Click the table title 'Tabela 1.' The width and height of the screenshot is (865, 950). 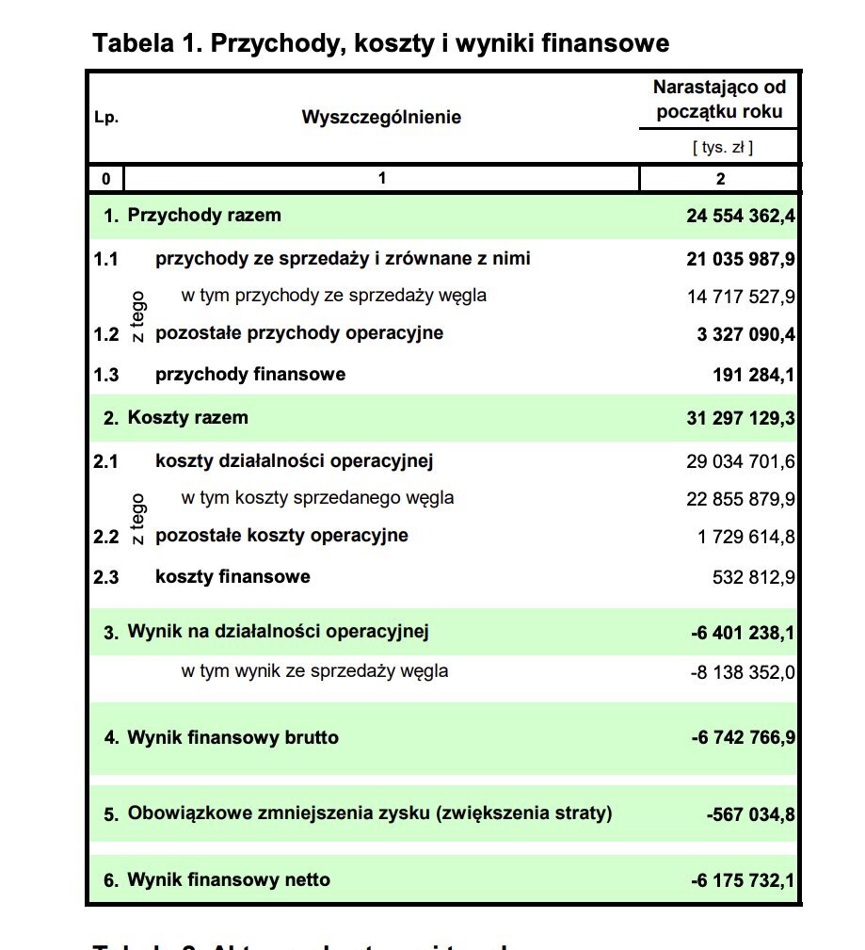[380, 43]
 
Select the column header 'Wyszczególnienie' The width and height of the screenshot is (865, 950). [381, 118]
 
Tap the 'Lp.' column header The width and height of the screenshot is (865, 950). [106, 119]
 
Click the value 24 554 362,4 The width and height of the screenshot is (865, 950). [741, 217]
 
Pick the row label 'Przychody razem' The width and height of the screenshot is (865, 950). [204, 216]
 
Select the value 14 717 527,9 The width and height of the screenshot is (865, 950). [741, 297]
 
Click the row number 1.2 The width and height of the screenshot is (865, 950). [106, 334]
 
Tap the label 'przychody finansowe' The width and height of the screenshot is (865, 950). [250, 375]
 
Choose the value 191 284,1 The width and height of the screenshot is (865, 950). [754, 376]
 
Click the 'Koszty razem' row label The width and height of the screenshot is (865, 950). [188, 417]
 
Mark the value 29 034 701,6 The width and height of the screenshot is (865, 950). [741, 461]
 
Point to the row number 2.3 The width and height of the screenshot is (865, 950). [106, 577]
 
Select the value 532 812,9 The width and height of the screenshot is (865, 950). [754, 577]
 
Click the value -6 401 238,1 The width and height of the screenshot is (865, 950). [743, 633]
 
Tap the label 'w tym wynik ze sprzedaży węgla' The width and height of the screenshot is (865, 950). [314, 671]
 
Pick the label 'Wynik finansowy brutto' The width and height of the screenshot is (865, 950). [233, 738]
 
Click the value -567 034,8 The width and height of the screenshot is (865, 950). [750, 814]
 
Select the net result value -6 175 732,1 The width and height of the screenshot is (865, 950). [743, 881]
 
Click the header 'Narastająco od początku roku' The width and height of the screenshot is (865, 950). [720, 100]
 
